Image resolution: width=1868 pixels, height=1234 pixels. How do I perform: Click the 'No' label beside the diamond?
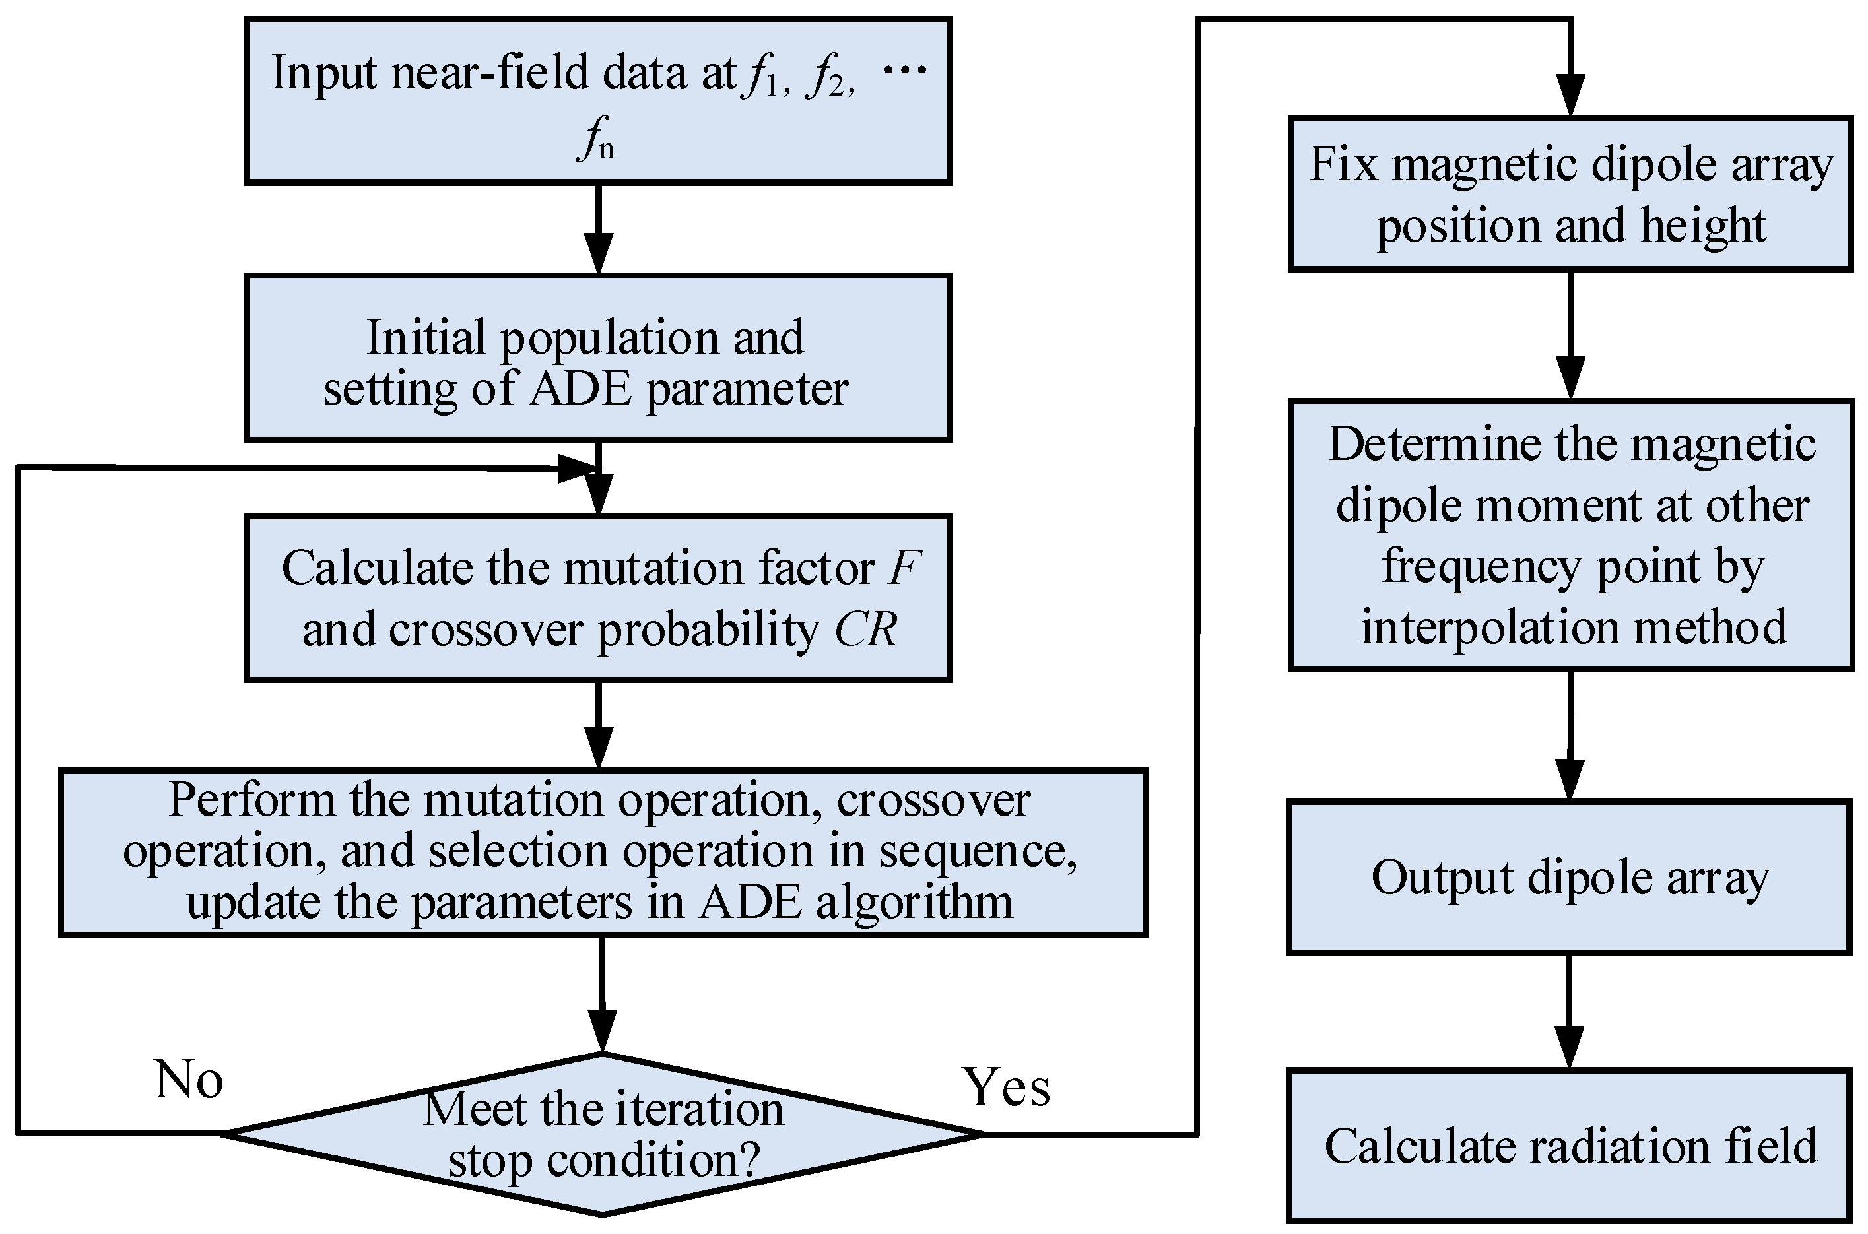click(x=189, y=1080)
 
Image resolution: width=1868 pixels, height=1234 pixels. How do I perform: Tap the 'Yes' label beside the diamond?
click(x=1005, y=1088)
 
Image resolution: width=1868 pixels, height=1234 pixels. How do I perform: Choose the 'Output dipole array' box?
click(x=1570, y=878)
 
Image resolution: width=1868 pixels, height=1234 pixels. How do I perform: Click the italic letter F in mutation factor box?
click(x=903, y=568)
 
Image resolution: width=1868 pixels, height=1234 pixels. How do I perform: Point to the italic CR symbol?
click(x=865, y=630)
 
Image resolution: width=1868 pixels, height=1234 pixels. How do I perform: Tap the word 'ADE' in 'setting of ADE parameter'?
click(x=580, y=389)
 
